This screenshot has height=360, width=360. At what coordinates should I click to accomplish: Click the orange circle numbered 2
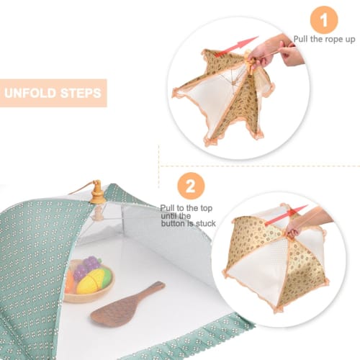[x=190, y=188]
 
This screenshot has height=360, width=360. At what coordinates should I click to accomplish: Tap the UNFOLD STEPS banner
[x=53, y=93]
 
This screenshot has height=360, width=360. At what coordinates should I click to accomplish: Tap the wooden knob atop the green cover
[x=96, y=192]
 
